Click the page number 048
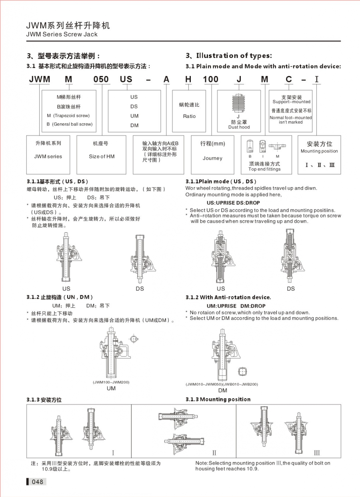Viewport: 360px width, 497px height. tap(37, 482)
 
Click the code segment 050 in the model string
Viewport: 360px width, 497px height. tap(101, 79)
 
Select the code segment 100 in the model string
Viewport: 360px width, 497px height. tap(211, 79)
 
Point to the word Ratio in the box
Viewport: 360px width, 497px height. tap(190, 116)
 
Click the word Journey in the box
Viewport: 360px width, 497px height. tap(212, 158)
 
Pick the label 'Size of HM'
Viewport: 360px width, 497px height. tap(102, 157)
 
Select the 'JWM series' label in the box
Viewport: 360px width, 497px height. tap(48, 157)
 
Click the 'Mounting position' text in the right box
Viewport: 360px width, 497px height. tap(319, 151)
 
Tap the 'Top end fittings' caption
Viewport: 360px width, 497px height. tap(264, 169)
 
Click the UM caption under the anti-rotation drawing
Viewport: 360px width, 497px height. tap(111, 388)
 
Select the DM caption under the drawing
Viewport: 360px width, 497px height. tap(223, 391)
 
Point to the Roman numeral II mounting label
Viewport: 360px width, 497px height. tap(214, 453)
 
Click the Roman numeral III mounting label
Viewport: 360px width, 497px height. tap(317, 453)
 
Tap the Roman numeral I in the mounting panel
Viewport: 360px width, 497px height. tap(113, 453)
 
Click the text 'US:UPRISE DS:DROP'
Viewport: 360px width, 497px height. tap(233, 203)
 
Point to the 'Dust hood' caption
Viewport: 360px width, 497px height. tap(239, 127)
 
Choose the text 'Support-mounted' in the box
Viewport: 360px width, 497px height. tap(291, 102)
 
